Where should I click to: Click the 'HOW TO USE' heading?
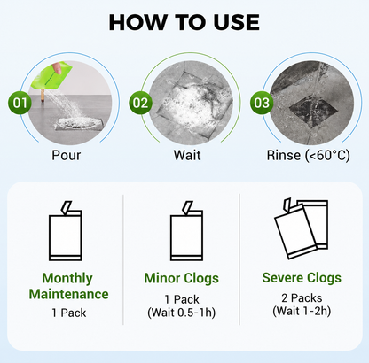coord(184,23)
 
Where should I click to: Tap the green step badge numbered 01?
coord(20,103)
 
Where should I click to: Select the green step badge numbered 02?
coord(140,103)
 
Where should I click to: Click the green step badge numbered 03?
coord(262,103)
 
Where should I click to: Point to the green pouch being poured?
coord(51,75)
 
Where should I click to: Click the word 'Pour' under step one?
coord(67,155)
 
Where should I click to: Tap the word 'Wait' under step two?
coord(187,155)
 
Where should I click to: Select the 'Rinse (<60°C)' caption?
coord(308,156)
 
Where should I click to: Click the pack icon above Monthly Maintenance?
coord(65,231)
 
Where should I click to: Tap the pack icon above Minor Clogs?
coord(186,231)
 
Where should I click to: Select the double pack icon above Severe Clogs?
coord(302,228)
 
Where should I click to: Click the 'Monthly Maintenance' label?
coord(68,286)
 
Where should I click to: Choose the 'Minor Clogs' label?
coord(182,278)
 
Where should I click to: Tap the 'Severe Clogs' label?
coord(302,278)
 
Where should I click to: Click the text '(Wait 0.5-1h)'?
coord(182,313)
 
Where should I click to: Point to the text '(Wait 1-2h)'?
coord(302,311)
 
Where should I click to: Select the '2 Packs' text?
coord(302,298)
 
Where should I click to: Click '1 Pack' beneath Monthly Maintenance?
coord(69,313)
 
